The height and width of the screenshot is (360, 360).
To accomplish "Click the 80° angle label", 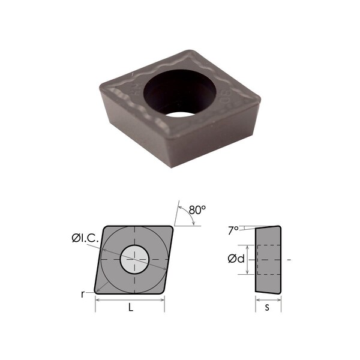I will tap(196, 211).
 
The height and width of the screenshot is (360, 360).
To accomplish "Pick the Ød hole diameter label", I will tap(235, 260).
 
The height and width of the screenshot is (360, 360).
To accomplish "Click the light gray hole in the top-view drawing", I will tap(135, 260).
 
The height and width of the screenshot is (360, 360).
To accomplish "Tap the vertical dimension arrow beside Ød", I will tap(247, 260).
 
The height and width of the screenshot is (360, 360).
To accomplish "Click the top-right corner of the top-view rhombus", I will tap(173, 227).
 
